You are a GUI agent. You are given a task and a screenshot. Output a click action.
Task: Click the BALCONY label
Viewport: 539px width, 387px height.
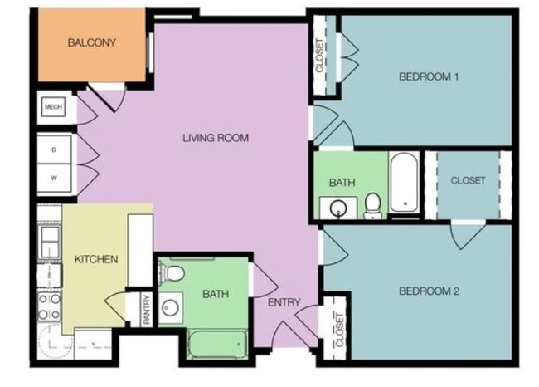coord(91,42)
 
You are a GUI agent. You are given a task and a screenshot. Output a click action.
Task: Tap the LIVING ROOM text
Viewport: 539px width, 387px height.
coord(216,137)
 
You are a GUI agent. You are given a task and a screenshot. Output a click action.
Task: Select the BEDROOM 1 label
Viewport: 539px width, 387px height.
coord(429,76)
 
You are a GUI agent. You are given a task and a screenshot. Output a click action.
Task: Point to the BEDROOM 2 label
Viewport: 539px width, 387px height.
coord(429,291)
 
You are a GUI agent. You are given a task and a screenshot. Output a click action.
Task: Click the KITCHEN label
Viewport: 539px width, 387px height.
coord(96,259)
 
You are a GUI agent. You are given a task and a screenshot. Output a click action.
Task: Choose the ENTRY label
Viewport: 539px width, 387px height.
coord(284,302)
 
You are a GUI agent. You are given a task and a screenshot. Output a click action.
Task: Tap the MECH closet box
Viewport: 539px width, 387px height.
coord(54,108)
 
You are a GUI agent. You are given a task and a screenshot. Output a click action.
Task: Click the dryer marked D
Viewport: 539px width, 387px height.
coord(55,150)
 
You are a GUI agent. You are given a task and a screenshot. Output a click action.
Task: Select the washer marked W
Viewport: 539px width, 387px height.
coord(55,178)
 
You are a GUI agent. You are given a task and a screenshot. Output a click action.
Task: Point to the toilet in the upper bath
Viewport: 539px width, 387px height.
coord(373,203)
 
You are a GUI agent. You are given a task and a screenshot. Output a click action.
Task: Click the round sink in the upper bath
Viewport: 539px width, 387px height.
coord(338,207)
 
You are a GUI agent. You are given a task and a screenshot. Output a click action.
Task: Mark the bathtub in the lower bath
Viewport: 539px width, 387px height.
coord(218,343)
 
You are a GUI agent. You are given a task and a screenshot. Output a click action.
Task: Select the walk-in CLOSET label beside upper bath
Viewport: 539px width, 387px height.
coord(468,180)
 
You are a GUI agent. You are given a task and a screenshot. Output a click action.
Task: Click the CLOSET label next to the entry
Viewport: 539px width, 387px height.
coord(339,329)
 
